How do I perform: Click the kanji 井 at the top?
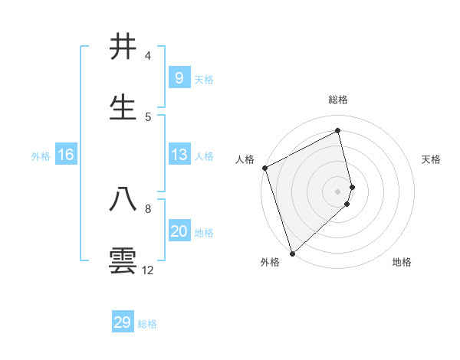tap(123, 47)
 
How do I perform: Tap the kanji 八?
tap(123, 199)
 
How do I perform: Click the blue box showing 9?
tap(179, 77)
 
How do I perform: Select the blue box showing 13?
tap(179, 155)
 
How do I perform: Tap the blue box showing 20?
tap(179, 231)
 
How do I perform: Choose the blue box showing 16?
tap(66, 155)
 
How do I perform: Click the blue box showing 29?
tap(123, 322)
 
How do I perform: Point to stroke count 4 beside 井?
tap(148, 56)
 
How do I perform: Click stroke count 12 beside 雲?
tap(148, 270)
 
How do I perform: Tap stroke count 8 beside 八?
tap(148, 208)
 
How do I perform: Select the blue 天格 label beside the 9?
tap(204, 79)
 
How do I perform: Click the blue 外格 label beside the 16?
tap(41, 156)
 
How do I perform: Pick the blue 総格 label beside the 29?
tap(147, 324)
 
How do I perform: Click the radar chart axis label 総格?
tap(338, 100)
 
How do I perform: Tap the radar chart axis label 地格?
tap(402, 262)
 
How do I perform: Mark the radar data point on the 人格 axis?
tap(264, 168)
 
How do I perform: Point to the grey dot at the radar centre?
tap(338, 191)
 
